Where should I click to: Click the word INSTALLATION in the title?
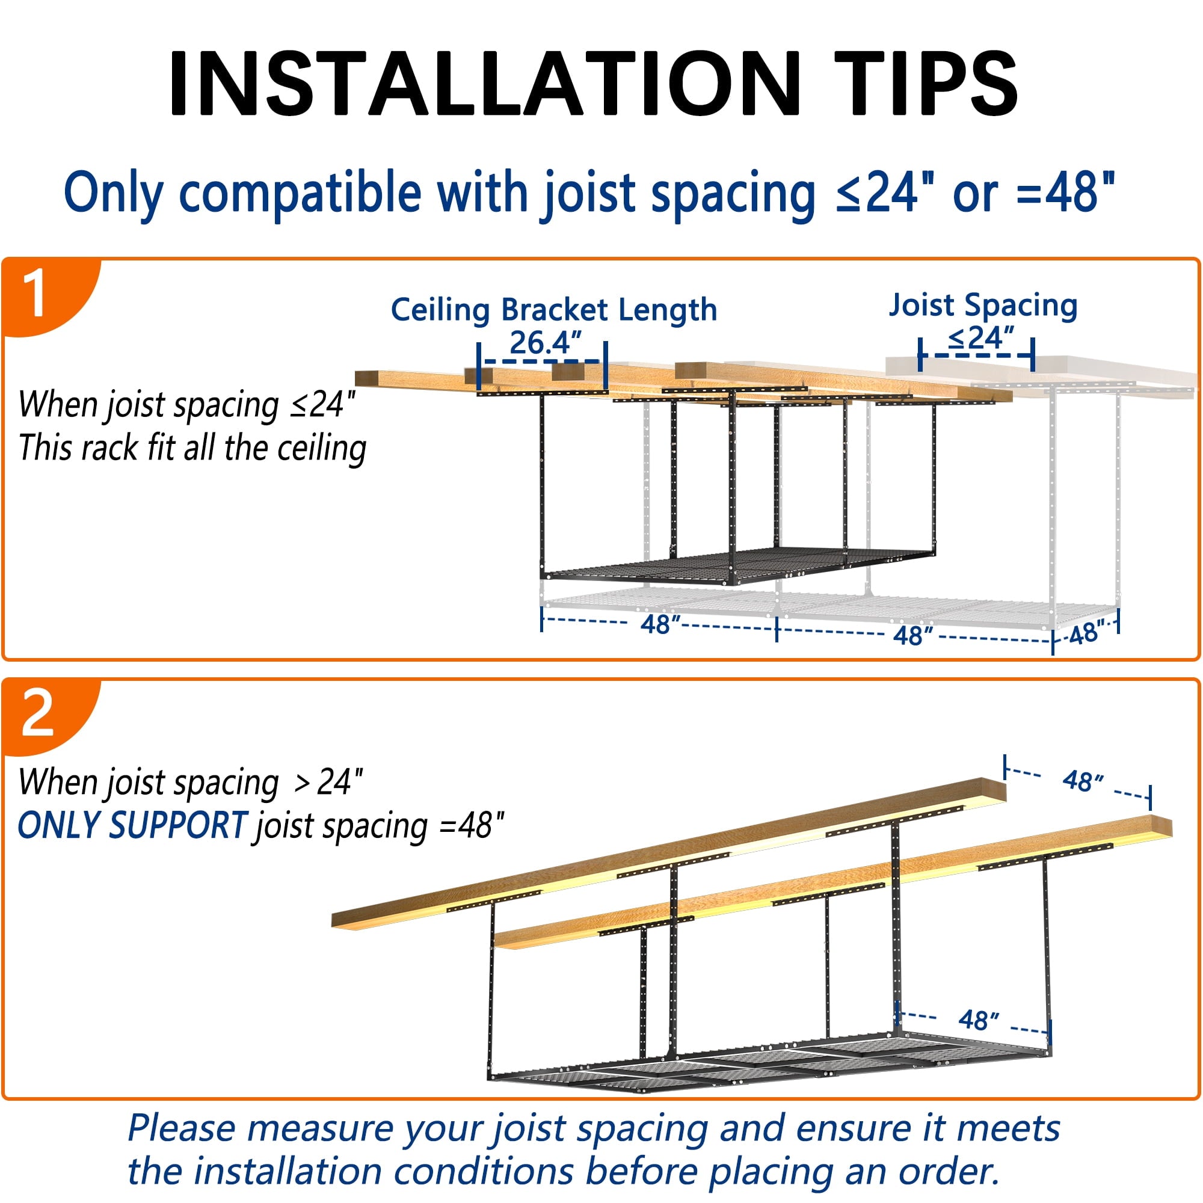coord(484,84)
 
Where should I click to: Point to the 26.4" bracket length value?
coord(546,342)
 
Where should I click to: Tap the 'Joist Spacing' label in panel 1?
coord(983,306)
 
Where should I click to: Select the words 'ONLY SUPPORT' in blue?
coord(132,826)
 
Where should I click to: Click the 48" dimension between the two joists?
coord(1083,780)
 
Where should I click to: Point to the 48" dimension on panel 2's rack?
coord(978,1020)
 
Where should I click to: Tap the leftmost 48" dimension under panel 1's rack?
coord(660,624)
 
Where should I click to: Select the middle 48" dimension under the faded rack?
coord(913,636)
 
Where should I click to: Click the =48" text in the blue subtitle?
coord(1065,192)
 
